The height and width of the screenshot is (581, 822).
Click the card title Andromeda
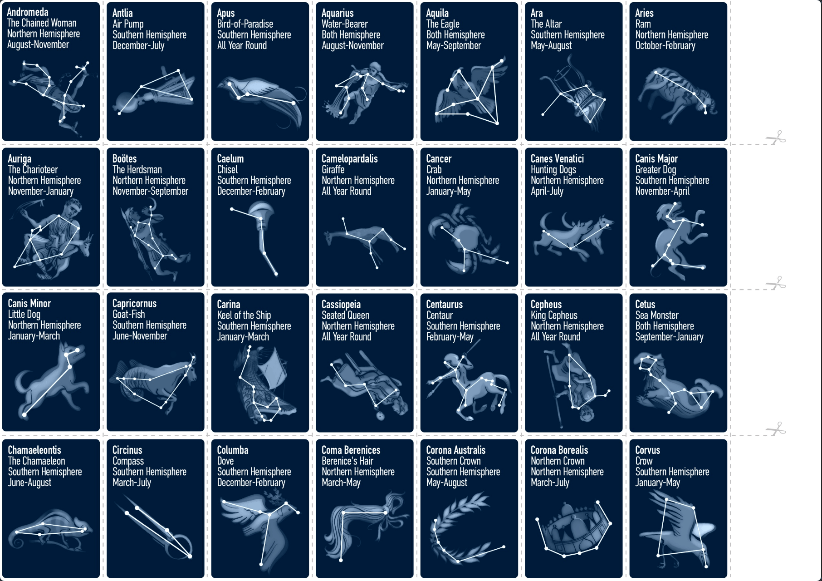28,12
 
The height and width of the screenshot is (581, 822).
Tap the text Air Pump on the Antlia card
128,24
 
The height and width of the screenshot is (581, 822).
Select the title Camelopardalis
349,158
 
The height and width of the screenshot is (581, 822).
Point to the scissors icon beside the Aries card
776,137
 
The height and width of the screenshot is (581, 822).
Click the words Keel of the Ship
244,315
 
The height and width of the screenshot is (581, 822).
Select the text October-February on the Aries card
665,45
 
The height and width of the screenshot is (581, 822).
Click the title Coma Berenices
351,450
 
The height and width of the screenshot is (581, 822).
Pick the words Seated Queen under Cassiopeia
345,315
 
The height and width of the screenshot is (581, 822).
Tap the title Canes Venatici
557,158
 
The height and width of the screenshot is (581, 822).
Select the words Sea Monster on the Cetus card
656,315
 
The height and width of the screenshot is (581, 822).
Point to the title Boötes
124,158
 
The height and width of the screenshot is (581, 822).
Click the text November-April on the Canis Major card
662,191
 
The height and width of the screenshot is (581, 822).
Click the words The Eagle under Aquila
443,24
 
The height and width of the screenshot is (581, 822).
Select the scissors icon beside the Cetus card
776,428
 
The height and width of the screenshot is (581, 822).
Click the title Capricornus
134,303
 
